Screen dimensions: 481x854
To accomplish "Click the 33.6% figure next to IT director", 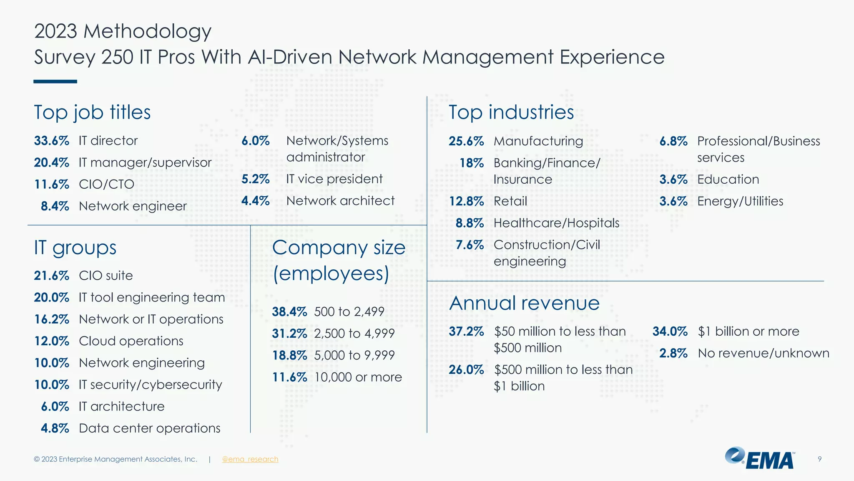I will click(51, 141).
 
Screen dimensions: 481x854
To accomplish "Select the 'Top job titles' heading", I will click(92, 112).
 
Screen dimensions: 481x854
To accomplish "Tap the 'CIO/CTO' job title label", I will click(106, 184).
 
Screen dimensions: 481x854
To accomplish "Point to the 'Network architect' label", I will click(340, 201).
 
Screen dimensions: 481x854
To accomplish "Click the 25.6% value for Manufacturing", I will click(466, 141).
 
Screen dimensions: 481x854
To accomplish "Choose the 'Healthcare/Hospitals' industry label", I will click(556, 223).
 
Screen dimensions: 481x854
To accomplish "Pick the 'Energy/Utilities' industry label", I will click(740, 201).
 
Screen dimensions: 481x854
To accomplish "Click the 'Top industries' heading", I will click(511, 112).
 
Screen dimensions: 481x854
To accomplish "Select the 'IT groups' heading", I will click(75, 248).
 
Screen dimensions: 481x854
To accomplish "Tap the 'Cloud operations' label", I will click(131, 341).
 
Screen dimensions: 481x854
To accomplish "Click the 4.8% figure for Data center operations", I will click(55, 428).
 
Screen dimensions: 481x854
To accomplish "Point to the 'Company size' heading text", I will click(339, 248).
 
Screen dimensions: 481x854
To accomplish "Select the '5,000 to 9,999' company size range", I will click(354, 355).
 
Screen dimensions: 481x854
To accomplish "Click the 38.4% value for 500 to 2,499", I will click(289, 312).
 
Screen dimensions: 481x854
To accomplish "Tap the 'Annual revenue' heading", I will click(524, 303).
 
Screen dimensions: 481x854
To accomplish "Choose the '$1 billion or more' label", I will click(749, 332).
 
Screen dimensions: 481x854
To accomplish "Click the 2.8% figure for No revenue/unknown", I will click(673, 353).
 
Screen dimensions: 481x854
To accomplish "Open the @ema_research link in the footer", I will click(250, 459).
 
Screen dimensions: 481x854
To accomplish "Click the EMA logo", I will click(760, 458).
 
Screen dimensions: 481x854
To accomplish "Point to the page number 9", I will click(819, 459).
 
